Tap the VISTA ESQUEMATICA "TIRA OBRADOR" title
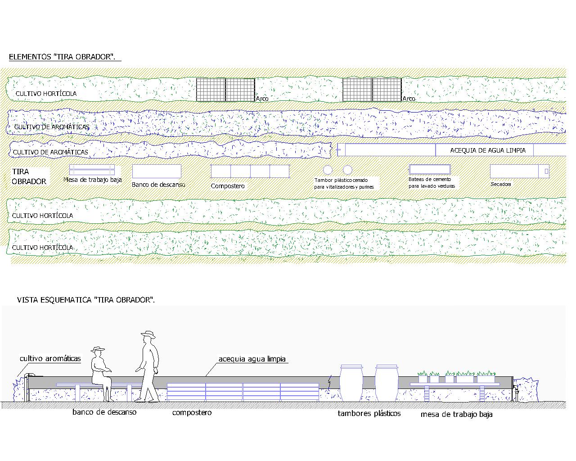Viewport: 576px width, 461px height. (x=85, y=299)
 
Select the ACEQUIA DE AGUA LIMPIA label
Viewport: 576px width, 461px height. (x=488, y=150)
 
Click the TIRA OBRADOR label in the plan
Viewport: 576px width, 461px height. (x=29, y=176)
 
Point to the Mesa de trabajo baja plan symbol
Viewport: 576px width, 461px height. (x=95, y=170)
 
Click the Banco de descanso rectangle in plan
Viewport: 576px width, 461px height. (x=157, y=171)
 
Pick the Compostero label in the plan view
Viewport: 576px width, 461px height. (x=228, y=186)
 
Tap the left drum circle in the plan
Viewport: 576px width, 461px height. (x=328, y=170)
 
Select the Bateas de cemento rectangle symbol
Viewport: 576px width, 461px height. (x=430, y=170)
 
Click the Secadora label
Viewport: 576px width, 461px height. (x=501, y=184)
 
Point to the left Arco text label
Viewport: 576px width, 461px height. (x=261, y=99)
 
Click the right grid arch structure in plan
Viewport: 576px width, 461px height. (x=372, y=90)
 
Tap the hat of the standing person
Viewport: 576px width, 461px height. (x=148, y=334)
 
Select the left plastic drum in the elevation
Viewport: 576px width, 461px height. (x=351, y=383)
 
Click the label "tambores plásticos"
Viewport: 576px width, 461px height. (x=369, y=413)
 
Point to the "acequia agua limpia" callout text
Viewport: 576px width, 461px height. (x=252, y=359)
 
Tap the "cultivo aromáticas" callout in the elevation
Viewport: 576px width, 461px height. (x=50, y=358)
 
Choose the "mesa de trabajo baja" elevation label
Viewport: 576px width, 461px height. (x=456, y=414)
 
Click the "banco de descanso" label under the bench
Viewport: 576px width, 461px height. (x=104, y=412)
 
